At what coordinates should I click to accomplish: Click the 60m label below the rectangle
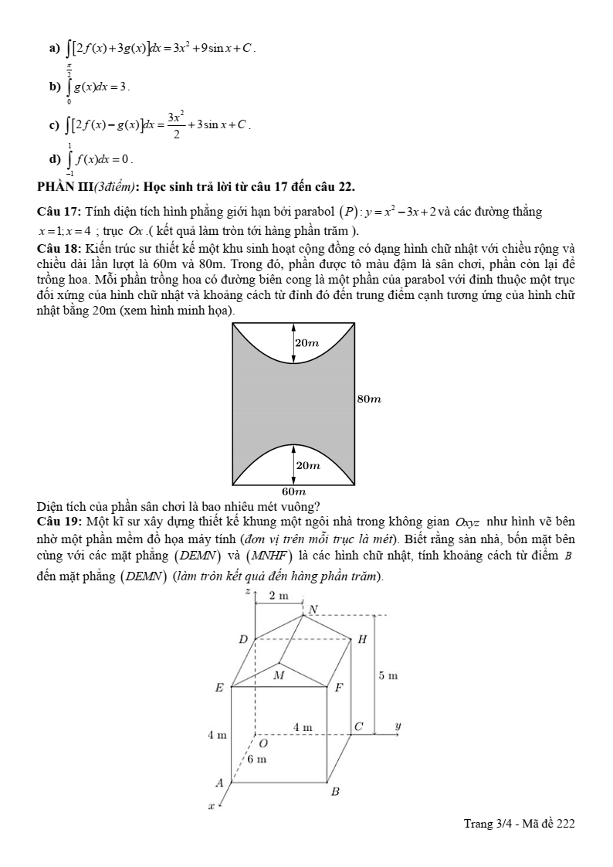point(294,491)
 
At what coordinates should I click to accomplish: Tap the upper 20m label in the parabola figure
point(307,342)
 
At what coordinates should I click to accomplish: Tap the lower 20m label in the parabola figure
point(308,464)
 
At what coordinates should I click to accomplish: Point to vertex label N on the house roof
point(313,610)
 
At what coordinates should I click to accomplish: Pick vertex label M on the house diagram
point(279,674)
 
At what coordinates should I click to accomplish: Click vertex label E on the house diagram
point(219,688)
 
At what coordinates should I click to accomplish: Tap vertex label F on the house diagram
point(337,688)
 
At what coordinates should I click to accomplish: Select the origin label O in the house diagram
point(262,743)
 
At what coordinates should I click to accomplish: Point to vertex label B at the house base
point(335,792)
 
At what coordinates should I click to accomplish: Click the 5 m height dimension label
point(388,676)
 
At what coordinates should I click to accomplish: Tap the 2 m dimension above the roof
point(278,595)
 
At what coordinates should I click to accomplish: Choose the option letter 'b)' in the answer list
point(54,86)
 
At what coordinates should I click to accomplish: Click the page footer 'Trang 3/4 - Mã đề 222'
point(519,824)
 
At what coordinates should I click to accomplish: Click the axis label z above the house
point(247,591)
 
